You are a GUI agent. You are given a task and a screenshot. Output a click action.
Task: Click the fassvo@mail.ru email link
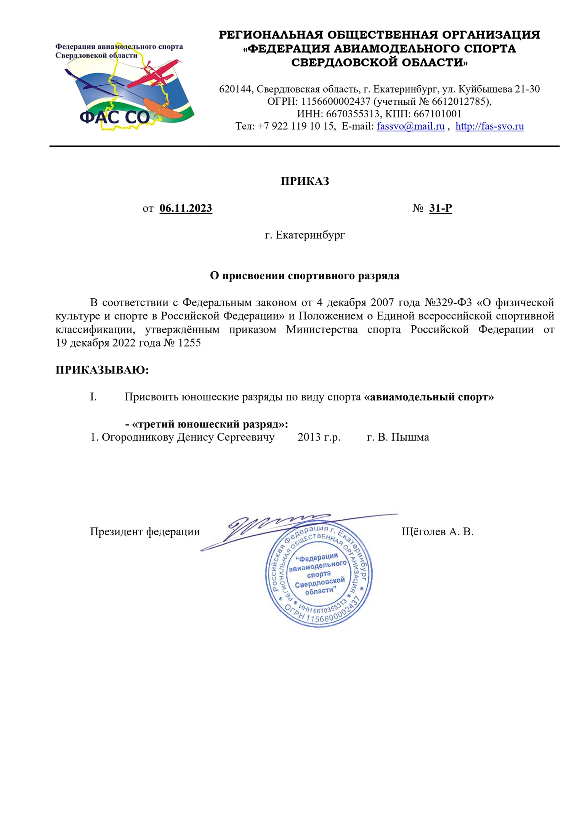point(410,126)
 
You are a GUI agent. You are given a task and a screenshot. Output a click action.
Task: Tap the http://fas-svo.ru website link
point(489,126)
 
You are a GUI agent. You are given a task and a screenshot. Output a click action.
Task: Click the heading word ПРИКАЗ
point(305,181)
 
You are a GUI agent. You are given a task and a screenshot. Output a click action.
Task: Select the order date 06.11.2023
point(186,208)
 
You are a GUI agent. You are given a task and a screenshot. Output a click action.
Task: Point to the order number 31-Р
point(440,208)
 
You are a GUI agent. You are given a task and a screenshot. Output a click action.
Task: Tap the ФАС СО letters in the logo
point(114,117)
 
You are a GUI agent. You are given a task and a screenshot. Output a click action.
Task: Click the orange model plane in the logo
point(164,109)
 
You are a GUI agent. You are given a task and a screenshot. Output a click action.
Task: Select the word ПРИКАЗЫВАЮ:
point(102,370)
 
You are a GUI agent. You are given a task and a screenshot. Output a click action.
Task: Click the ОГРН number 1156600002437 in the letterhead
point(335,101)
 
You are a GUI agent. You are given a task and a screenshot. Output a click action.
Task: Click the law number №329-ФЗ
point(448,303)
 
